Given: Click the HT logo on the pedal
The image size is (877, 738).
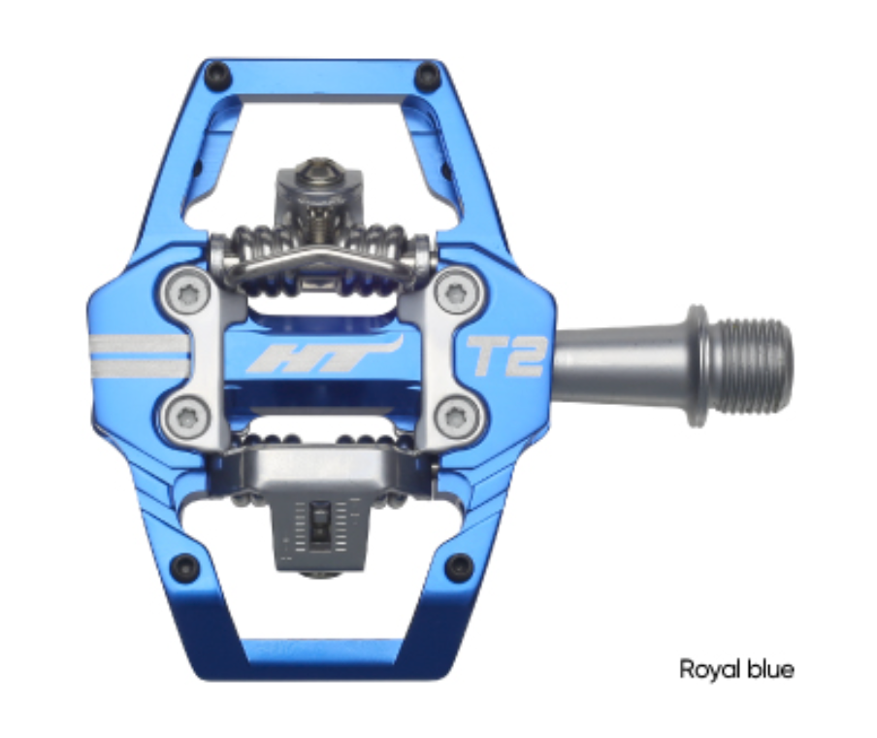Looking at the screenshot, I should click(322, 355).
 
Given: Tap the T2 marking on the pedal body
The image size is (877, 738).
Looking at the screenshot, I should click(506, 355).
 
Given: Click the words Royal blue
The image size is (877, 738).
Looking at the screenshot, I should click(735, 669).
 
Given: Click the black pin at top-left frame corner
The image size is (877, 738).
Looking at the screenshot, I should click(218, 73).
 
